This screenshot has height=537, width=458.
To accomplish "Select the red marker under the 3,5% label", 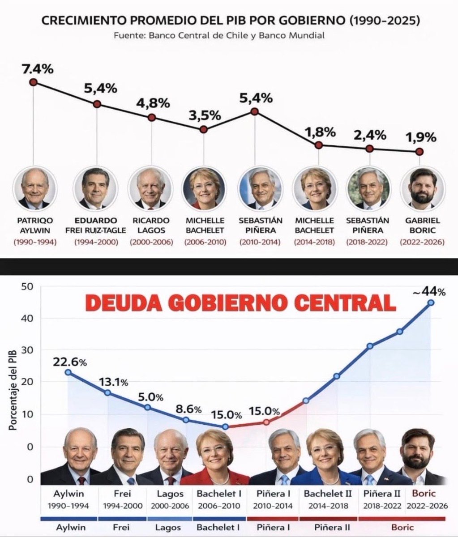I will tap(203, 129).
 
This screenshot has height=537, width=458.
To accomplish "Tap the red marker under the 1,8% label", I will tap(318, 145).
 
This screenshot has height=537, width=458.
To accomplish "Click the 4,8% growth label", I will tap(153, 103).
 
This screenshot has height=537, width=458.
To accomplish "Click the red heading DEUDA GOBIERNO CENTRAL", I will tap(240, 303).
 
